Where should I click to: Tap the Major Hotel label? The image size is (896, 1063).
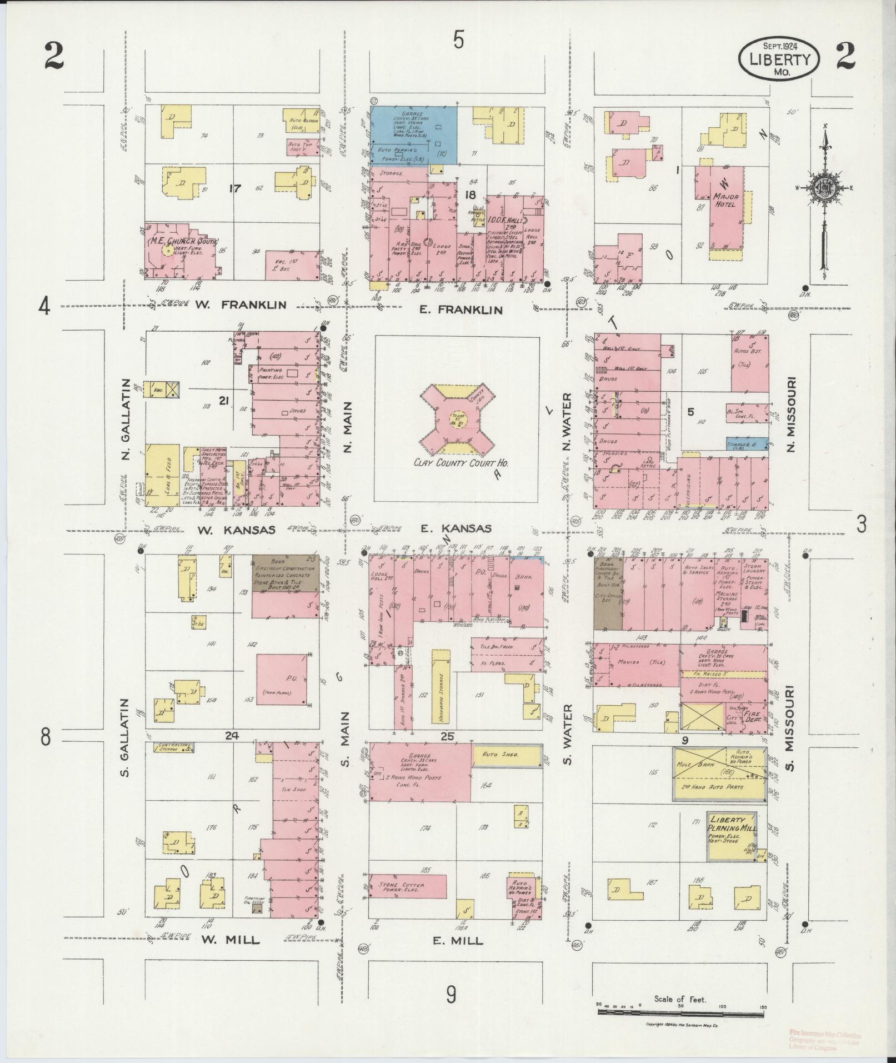724,200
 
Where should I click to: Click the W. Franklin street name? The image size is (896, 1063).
253,305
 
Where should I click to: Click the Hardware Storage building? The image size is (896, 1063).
441,688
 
